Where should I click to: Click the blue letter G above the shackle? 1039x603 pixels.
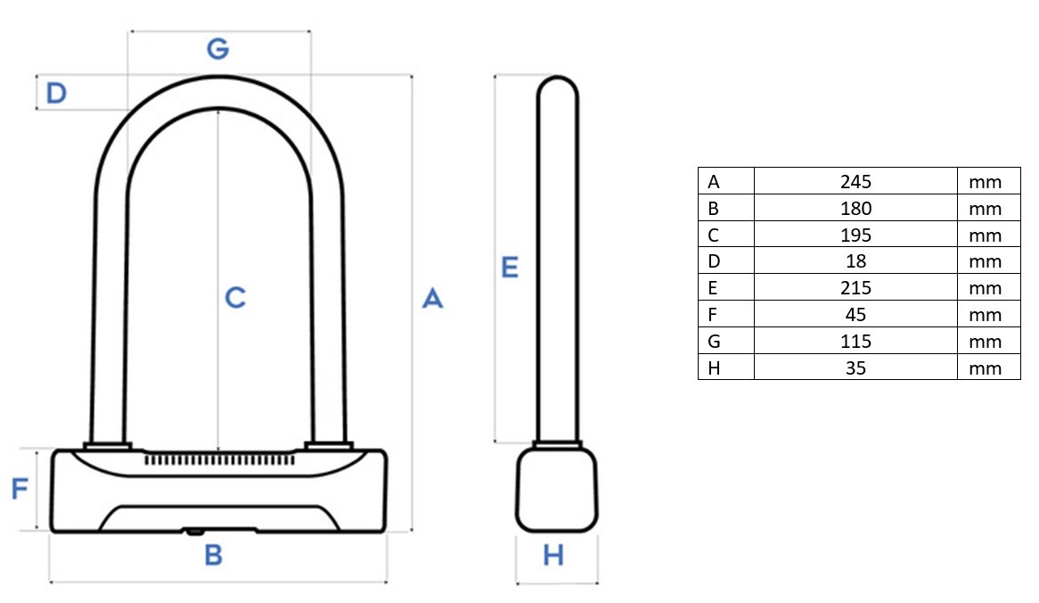[218, 48]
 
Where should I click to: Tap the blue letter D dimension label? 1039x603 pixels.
[56, 93]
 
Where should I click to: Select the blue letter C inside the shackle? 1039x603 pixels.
[235, 298]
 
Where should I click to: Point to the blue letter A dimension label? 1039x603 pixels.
[433, 299]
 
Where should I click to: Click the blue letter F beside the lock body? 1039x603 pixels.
[20, 489]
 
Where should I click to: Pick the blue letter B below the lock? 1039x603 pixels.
[213, 555]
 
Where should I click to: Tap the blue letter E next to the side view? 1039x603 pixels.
[510, 268]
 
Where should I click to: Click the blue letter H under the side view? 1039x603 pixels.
[553, 555]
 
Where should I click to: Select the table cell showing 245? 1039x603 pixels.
[855, 181]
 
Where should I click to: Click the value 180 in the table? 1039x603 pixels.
[855, 209]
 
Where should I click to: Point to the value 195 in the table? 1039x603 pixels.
[855, 235]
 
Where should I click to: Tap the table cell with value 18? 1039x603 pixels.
[855, 261]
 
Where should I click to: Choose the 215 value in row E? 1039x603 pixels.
[855, 288]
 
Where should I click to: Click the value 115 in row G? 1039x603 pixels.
[855, 341]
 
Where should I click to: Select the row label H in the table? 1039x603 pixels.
[714, 368]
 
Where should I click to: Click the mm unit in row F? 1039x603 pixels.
[985, 315]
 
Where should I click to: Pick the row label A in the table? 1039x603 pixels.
[714, 181]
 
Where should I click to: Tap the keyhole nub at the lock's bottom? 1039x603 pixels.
[194, 532]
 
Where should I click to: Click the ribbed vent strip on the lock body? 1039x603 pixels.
[219, 459]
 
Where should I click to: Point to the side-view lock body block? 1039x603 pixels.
[557, 490]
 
